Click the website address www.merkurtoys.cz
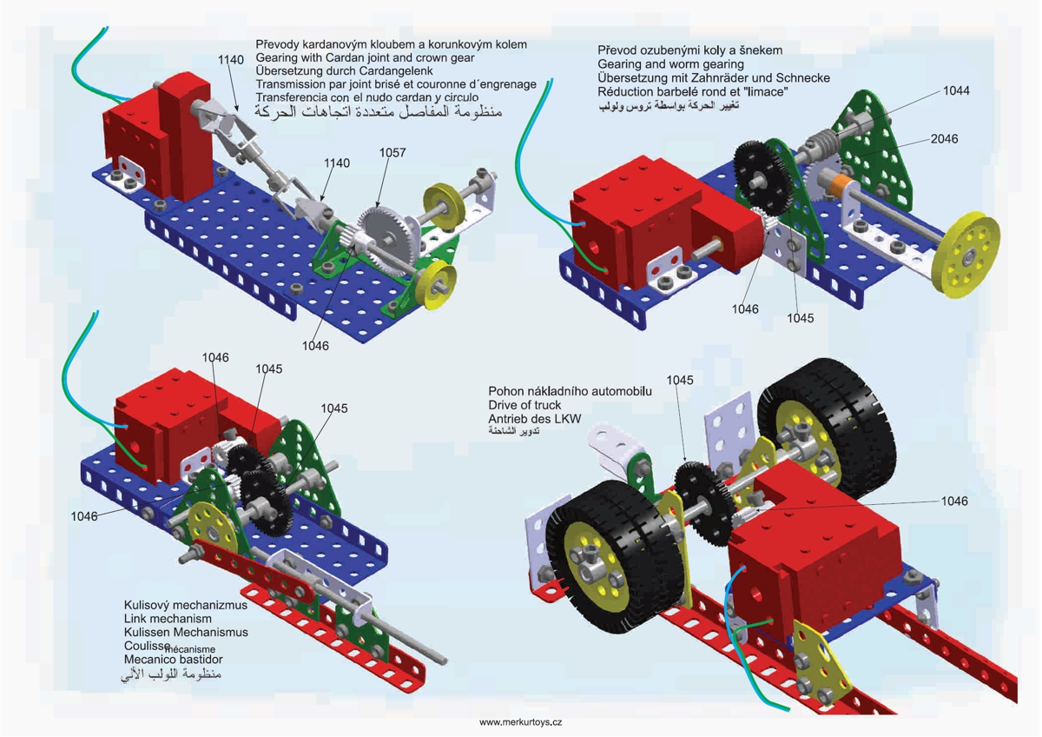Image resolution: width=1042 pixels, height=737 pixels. coord(521,722)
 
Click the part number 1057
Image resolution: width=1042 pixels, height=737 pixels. coord(392,153)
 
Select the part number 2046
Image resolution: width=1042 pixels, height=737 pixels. coord(944,139)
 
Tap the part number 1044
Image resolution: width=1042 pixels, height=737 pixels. coord(956,90)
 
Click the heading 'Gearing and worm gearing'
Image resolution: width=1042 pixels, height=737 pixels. coord(670,64)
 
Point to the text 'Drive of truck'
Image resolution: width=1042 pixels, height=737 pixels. coord(524,405)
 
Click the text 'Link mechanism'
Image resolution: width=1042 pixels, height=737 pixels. coord(168,618)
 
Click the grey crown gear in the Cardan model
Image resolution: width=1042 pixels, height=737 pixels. coord(386,231)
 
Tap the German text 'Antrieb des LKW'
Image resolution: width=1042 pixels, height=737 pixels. coord(535,419)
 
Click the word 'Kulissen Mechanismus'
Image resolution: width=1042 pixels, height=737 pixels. coord(186,632)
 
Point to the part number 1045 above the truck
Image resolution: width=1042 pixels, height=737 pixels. coord(680,380)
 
